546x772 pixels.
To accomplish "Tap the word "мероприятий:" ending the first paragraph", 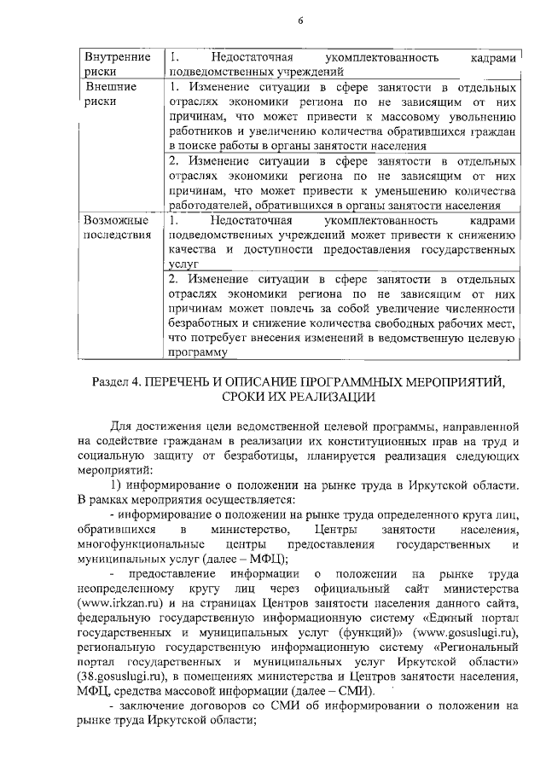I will pos(114,469).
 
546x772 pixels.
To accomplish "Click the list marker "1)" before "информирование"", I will pos(118,485).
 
